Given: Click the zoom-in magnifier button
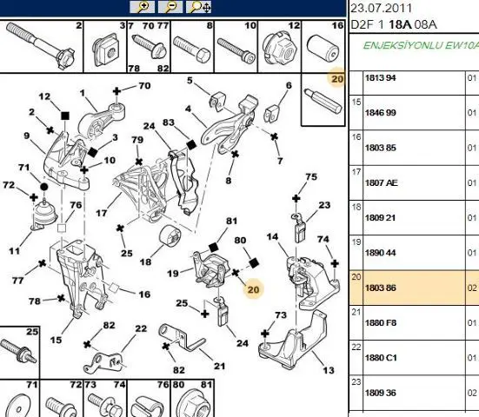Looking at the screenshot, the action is point(143,7).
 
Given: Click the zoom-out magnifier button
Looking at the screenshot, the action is point(170,7).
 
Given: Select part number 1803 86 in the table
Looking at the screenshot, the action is point(381,288).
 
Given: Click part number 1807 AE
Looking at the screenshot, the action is point(382,182).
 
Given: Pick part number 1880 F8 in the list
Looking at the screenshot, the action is point(381,323).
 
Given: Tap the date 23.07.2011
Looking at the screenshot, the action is point(382,8).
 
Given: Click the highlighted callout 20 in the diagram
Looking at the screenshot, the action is point(253,289).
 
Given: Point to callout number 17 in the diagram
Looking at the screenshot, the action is point(102,213).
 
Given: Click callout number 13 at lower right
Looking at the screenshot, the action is point(329,370).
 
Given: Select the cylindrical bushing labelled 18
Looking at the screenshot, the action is point(170,235).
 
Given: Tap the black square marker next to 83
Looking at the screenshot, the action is point(191,145).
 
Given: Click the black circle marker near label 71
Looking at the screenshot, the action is point(44,187).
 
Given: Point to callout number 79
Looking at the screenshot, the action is point(137,140).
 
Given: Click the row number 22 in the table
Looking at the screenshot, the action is point(356,347).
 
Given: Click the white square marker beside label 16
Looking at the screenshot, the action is point(114,288).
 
